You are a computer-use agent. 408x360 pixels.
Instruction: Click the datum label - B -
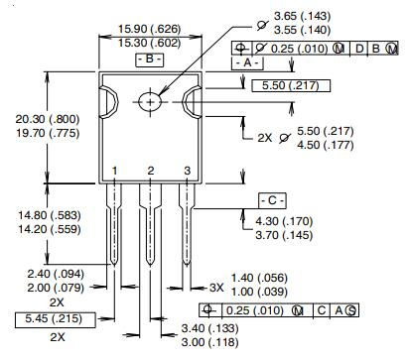coord(149,60)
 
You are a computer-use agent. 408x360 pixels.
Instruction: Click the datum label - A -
coord(247,62)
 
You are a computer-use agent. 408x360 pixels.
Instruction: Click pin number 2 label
coord(150,172)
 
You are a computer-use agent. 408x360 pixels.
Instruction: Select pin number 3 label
coord(187,172)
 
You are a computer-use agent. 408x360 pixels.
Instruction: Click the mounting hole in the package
coord(150,100)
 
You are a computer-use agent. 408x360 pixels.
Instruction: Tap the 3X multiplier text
coord(215,286)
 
